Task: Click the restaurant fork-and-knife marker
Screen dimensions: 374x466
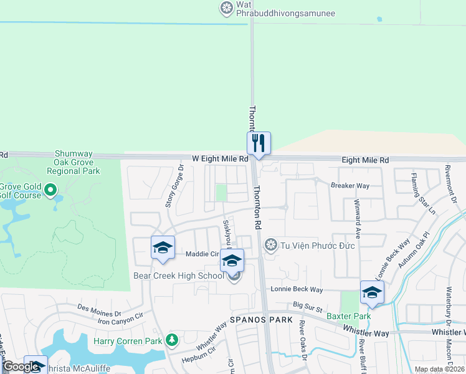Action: tap(257, 143)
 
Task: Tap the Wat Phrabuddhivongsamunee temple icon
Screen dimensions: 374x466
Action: tap(226, 8)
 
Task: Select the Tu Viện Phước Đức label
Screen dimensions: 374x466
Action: tap(318, 246)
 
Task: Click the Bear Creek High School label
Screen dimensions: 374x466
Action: tap(178, 276)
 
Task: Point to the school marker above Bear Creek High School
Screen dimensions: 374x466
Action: tap(232, 261)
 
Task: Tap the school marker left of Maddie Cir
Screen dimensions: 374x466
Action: tap(162, 247)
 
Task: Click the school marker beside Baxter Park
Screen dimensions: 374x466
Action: tap(372, 292)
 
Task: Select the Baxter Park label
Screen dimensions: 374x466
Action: tap(349, 316)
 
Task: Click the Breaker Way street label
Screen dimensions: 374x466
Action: tap(350, 186)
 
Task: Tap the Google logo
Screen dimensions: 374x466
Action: tap(21, 367)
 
